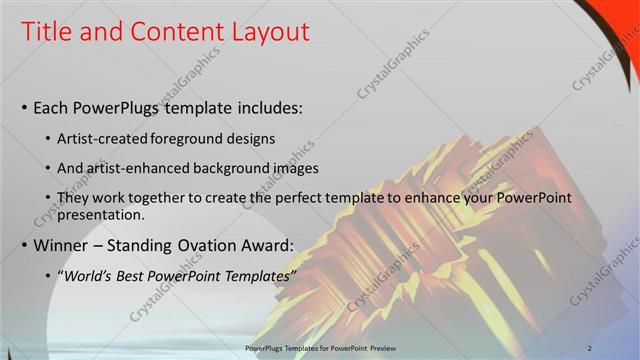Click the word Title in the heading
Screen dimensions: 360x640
(47, 32)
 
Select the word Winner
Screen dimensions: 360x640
(63, 245)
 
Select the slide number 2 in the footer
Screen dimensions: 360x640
(618, 347)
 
